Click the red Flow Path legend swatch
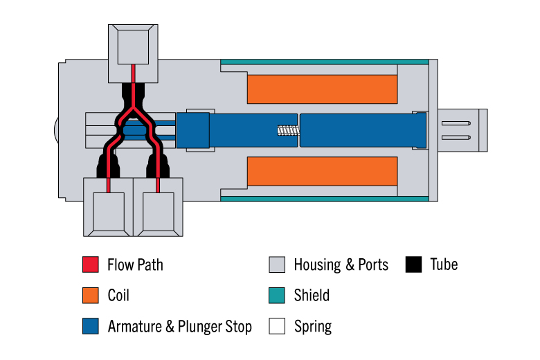click(x=91, y=264)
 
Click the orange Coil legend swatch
click(x=91, y=296)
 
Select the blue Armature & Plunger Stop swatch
click(x=91, y=326)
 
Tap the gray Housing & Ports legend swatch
click(x=277, y=264)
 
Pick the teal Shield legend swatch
click(x=277, y=296)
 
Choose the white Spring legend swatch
click(x=277, y=326)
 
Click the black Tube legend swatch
click(x=414, y=264)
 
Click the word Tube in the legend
click(x=444, y=264)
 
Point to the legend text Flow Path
click(x=135, y=264)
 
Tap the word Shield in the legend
click(x=312, y=296)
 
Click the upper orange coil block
click(x=322, y=89)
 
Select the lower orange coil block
click(x=322, y=171)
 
